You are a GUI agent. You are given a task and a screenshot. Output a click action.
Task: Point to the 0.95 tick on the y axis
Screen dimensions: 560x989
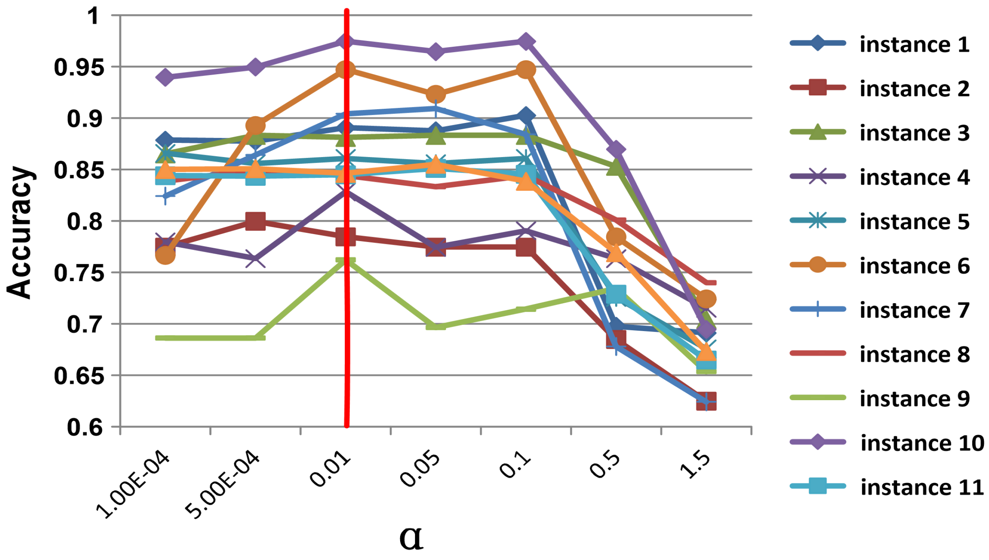79,67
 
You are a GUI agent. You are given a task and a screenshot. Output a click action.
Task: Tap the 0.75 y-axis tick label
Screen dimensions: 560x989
79,273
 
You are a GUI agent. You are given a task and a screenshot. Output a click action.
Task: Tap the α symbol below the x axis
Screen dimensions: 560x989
411,537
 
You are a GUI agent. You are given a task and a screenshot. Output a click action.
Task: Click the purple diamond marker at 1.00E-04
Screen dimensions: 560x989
165,77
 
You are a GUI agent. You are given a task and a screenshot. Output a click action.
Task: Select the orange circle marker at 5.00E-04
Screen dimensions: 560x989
255,126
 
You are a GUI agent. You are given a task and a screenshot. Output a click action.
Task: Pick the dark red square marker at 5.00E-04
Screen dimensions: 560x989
255,221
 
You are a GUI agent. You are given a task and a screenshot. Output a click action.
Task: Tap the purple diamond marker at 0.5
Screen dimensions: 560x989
616,150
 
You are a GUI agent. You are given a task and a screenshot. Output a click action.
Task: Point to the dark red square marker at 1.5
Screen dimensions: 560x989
706,401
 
